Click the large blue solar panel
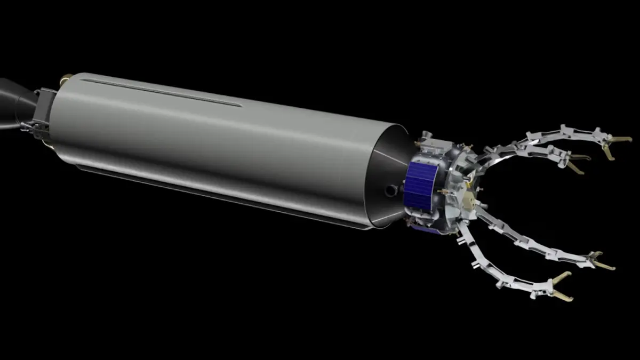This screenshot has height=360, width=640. click(421, 184)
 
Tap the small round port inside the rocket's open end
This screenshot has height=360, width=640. click(392, 189)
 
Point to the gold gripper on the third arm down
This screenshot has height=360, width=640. click(600, 261)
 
